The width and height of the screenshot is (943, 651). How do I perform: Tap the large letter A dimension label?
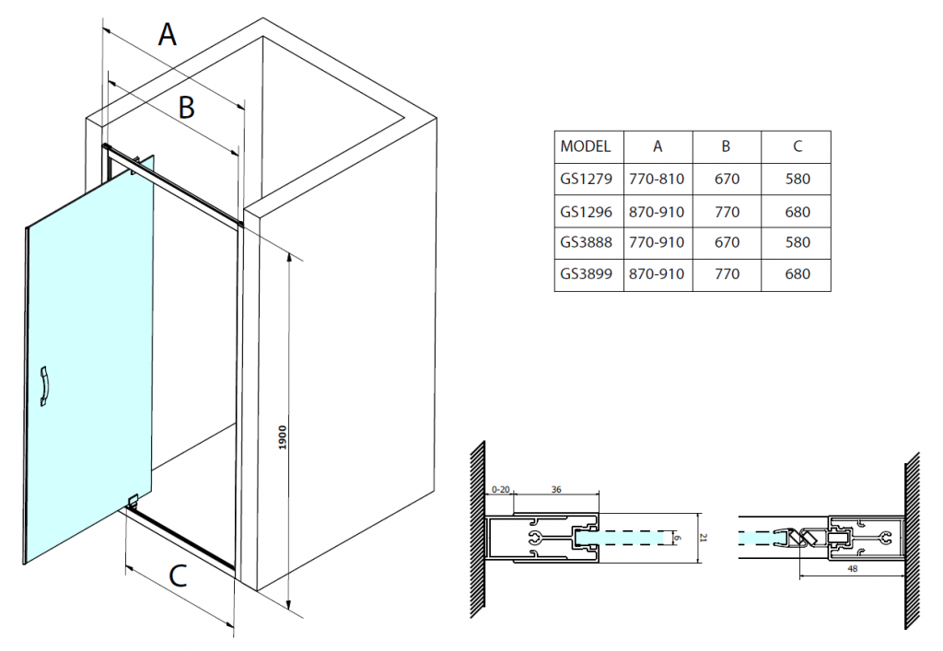(167, 35)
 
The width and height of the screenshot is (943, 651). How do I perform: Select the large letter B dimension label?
(186, 108)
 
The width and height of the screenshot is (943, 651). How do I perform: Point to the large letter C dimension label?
(179, 576)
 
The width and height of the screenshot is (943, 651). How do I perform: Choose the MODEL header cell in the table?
(586, 146)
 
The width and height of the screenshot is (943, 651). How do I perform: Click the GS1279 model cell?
(586, 180)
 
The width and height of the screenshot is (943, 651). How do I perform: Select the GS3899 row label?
(586, 274)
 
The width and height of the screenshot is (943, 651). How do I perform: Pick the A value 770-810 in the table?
(657, 180)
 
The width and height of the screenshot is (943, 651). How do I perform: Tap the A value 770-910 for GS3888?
(657, 243)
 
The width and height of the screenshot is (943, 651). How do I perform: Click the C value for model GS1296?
(797, 212)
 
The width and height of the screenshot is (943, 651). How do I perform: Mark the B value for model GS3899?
(727, 274)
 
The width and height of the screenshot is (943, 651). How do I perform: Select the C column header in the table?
(797, 146)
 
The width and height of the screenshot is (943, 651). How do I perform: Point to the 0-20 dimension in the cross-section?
(501, 490)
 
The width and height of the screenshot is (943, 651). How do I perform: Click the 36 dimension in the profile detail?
(555, 490)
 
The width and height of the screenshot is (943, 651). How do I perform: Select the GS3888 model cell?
(586, 243)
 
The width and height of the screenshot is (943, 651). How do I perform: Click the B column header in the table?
(727, 146)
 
